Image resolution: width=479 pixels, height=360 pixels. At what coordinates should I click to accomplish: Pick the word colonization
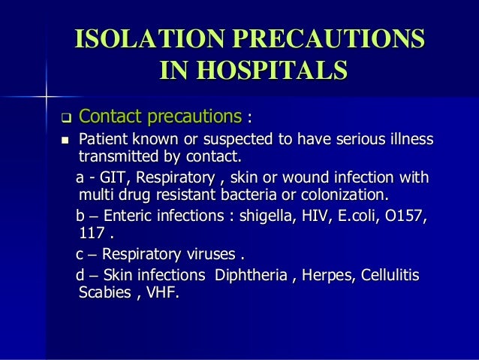345,195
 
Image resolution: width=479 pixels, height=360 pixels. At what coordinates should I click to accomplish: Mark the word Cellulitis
389,275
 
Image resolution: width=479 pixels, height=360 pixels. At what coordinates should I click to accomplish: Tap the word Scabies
104,292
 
